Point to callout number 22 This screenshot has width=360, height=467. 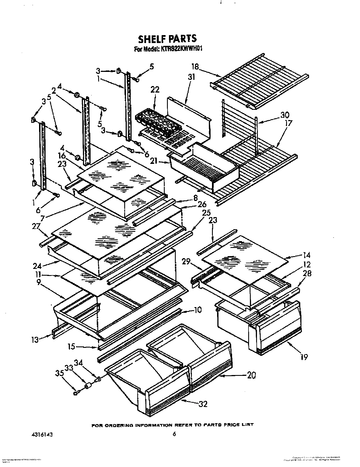coord(155,90)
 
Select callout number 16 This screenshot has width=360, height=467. coord(62,156)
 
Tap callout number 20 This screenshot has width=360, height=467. coord(251,375)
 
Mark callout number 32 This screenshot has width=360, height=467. coord(203,404)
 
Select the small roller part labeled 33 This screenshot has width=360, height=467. coord(88,386)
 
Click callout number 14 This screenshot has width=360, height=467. coord(306,255)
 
